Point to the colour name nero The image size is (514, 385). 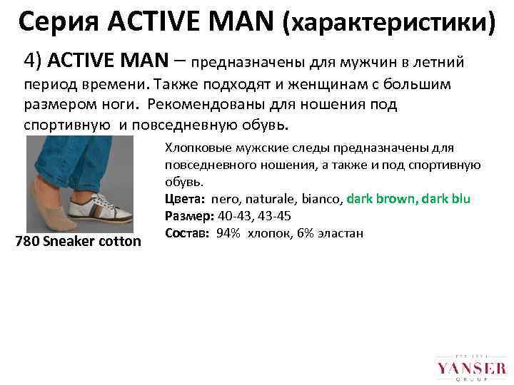(x=226, y=198)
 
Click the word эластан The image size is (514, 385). (x=341, y=232)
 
